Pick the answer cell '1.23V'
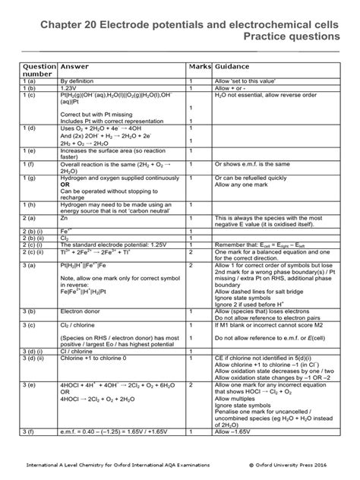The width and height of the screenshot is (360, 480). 71,87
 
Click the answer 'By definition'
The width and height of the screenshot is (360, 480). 82,80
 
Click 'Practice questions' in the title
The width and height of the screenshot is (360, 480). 286,36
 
